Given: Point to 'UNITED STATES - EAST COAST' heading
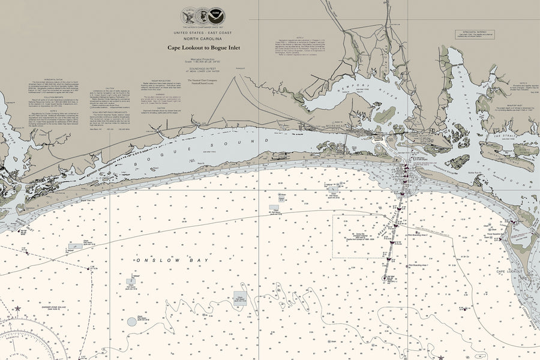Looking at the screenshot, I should point(206,32).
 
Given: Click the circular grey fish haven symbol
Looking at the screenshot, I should point(132,322).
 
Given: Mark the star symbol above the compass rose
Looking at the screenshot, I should point(17,309).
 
